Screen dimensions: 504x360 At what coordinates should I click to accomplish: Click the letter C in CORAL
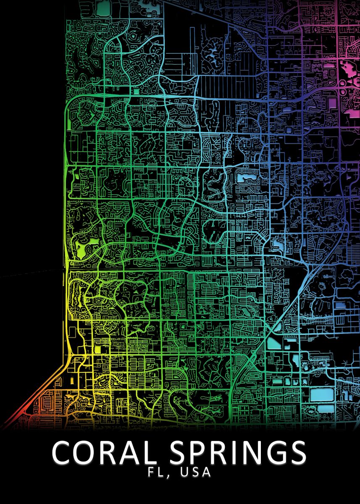click(62, 452)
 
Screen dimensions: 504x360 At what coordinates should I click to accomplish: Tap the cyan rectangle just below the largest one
click(323, 408)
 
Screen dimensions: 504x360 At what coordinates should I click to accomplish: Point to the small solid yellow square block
click(97, 349)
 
